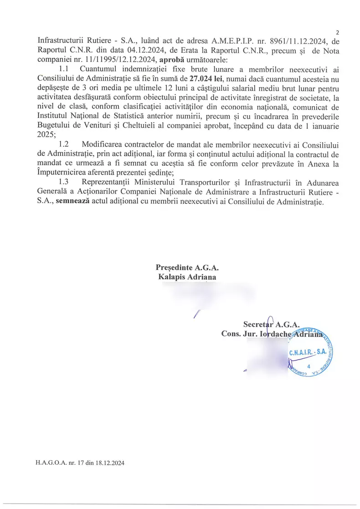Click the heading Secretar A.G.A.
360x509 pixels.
coord(271,324)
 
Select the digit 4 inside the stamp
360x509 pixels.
coord(309,366)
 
